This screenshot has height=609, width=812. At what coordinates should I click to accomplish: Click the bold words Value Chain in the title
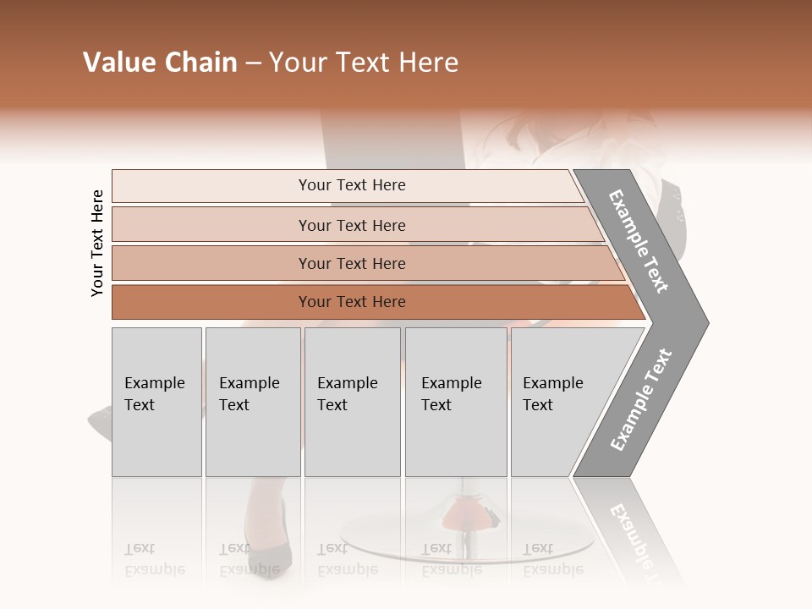[160, 63]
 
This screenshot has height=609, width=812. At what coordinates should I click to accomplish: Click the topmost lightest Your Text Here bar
[351, 185]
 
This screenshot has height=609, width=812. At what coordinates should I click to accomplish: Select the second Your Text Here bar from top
[351, 225]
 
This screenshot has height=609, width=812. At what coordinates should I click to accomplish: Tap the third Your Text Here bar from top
[351, 263]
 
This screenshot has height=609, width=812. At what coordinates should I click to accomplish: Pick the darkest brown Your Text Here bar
[351, 302]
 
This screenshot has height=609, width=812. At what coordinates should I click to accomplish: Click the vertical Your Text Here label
[97, 243]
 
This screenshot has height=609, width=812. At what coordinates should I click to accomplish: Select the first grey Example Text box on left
[156, 401]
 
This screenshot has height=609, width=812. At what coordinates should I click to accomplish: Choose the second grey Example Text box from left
[252, 401]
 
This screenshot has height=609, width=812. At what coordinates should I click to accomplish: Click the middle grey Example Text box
[352, 401]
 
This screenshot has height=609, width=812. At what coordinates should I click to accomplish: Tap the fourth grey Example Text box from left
[455, 401]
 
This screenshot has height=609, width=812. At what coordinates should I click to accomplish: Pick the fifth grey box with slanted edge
[558, 401]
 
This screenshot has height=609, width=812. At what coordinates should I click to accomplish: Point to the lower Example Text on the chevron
[641, 400]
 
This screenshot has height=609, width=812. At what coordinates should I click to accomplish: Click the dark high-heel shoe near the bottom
[269, 546]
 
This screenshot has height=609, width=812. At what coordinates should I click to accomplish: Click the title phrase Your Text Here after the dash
[364, 63]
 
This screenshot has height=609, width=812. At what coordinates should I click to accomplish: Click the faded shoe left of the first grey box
[100, 418]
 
